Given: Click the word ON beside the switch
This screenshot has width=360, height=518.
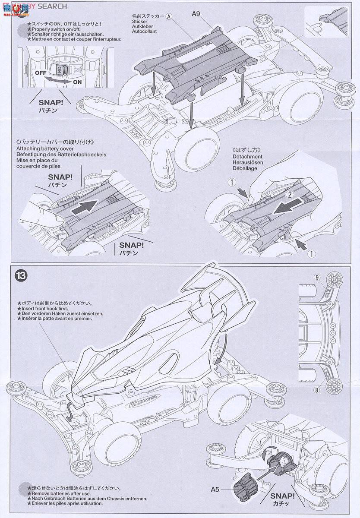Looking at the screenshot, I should click(78, 82).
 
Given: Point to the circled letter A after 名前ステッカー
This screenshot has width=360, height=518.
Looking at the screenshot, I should click(169, 16).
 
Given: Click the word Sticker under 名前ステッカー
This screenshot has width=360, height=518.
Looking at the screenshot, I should click(141, 21).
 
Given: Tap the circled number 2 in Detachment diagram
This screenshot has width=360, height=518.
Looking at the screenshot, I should click(291, 195).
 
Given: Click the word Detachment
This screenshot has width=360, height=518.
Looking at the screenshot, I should click(246, 157).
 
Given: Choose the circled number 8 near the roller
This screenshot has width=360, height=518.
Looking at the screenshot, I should click(318, 391).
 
